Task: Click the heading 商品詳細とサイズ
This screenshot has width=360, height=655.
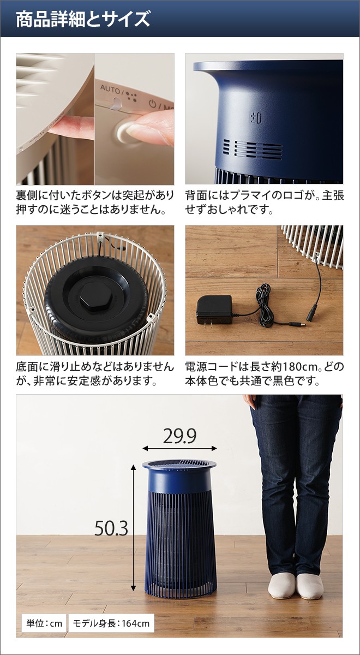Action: pyautogui.click(x=82, y=19)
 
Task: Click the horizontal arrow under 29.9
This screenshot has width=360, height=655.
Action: pyautogui.click(x=179, y=449)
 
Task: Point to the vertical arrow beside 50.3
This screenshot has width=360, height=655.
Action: pyautogui.click(x=133, y=528)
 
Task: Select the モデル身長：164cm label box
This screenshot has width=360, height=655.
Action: pyautogui.click(x=111, y=622)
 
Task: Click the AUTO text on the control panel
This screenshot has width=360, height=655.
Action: pyautogui.click(x=110, y=87)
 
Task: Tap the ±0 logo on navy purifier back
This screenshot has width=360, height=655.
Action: pyautogui.click(x=256, y=117)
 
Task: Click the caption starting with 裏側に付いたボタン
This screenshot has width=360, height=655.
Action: pyautogui.click(x=95, y=202)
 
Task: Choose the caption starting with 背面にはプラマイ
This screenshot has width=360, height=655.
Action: pyautogui.click(x=264, y=202)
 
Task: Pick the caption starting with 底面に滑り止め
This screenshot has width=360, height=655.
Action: pyautogui.click(x=95, y=373)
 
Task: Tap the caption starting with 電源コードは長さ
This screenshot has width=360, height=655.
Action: pyautogui.click(x=264, y=373)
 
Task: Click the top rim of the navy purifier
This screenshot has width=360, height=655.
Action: pyautogui.click(x=179, y=465)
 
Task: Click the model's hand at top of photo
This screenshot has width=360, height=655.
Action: pyautogui.click(x=250, y=401)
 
